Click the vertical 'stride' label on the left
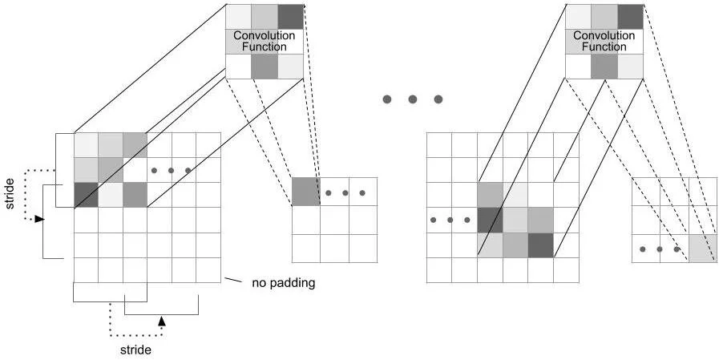tap(10, 195)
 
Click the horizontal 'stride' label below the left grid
tap(135, 350)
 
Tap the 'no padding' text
tap(283, 282)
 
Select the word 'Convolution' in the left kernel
tap(265, 36)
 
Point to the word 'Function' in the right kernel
tap(604, 47)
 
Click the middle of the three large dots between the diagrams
tap(412, 99)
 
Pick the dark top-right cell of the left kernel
tap(291, 17)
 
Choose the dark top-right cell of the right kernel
tap(631, 17)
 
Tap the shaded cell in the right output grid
tap(702, 249)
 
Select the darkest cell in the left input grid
tap(86, 195)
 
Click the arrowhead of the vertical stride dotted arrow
tap(39, 218)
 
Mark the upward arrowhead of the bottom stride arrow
tap(161, 321)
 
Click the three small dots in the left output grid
tap(345, 193)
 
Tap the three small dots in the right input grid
tap(450, 220)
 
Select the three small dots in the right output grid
tap(660, 249)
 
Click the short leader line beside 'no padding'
tap(232, 281)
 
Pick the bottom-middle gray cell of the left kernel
tap(265, 67)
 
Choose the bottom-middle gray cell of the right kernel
tap(604, 67)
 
